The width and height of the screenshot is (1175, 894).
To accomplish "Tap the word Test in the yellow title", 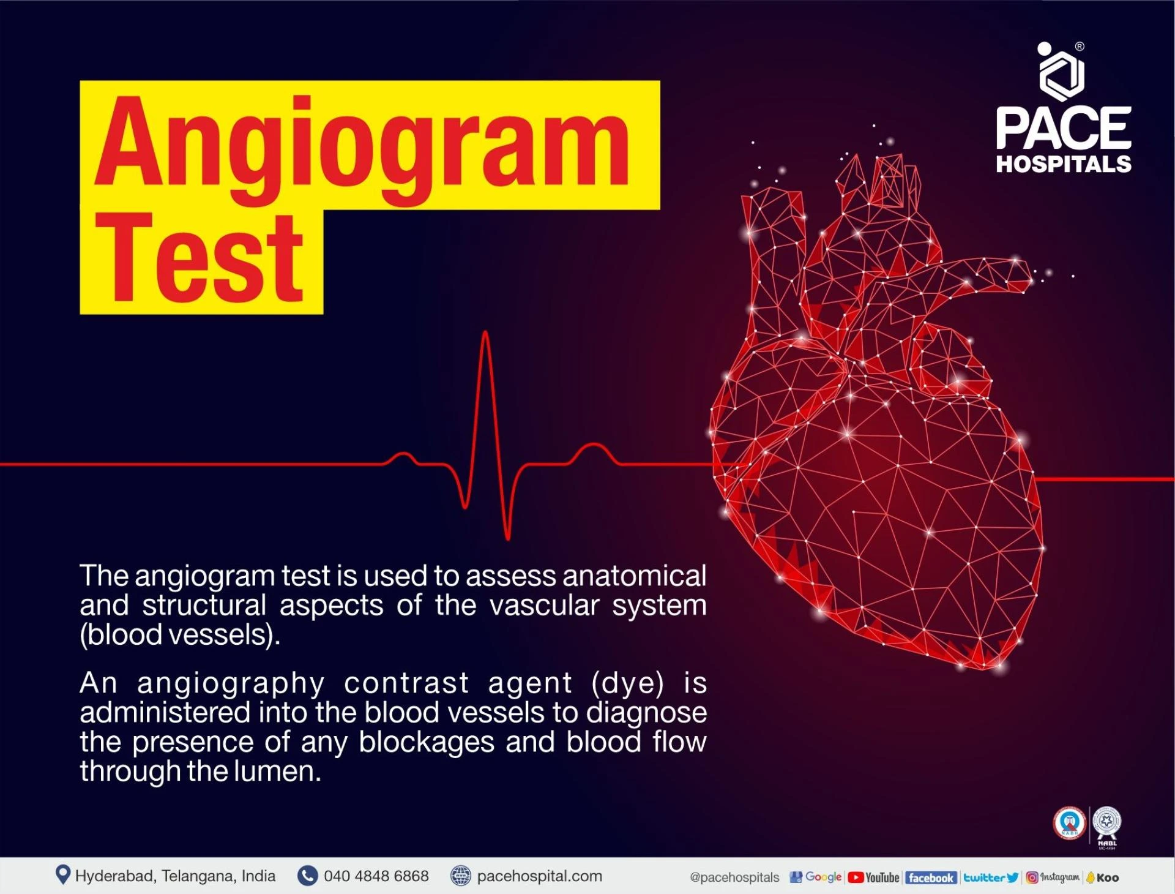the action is tap(199, 258).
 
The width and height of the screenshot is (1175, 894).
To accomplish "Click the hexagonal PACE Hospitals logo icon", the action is tap(1061, 72).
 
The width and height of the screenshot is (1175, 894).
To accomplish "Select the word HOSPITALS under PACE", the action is tap(1064, 163).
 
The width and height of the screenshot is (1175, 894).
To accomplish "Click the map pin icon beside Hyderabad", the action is tap(62, 875).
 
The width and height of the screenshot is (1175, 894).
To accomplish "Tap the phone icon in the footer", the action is tap(307, 876).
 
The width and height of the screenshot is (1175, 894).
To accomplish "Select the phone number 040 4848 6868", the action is tap(376, 876).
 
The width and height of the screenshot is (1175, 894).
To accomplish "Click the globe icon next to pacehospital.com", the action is tap(460, 876).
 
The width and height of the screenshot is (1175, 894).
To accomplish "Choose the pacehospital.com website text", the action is tap(539, 876).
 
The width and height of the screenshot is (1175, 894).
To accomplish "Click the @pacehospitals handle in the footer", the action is tap(734, 877).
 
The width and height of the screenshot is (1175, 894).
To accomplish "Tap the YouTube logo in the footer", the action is tap(873, 877).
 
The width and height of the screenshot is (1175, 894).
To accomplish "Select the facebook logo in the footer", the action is tap(930, 877).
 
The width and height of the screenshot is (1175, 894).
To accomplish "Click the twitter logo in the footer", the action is tap(991, 877).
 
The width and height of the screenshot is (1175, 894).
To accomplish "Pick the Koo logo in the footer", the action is tap(1102, 877).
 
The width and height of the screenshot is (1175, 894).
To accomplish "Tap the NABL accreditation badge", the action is tap(1107, 827).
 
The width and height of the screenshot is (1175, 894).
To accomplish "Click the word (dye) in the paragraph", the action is tap(627, 683).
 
